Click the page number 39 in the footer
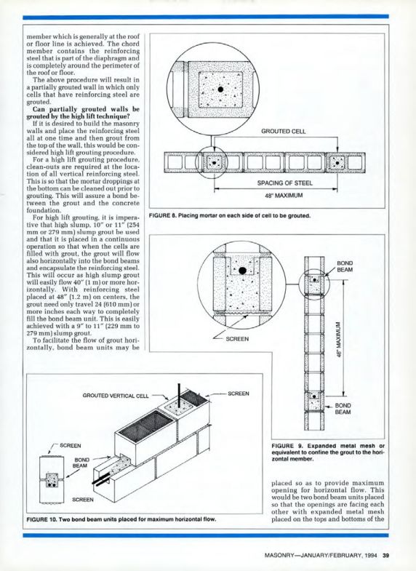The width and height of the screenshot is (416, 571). click(x=385, y=555)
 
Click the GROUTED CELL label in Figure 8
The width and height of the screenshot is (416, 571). click(x=284, y=131)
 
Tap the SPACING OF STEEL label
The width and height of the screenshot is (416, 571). click(x=284, y=183)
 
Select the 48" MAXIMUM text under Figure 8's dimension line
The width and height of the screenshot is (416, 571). click(x=284, y=196)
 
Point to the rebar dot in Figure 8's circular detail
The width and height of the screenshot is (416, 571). click(x=220, y=89)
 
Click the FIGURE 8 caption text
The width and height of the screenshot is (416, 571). click(x=230, y=215)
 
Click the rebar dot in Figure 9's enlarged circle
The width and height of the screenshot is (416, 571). click(x=242, y=271)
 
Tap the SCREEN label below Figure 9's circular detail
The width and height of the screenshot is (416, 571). click(x=237, y=339)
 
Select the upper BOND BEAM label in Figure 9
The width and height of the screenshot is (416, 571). click(x=345, y=266)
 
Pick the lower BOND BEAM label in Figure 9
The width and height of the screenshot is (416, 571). click(x=343, y=409)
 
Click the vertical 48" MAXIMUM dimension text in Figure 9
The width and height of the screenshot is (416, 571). click(x=338, y=340)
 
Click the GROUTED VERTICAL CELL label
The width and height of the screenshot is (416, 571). click(x=116, y=396)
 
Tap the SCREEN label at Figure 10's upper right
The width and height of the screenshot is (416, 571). click(x=239, y=394)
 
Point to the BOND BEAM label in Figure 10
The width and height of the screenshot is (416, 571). click(x=81, y=463)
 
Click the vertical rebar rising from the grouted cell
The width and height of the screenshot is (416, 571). click(x=179, y=396)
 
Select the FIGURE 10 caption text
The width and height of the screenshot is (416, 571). click(x=121, y=519)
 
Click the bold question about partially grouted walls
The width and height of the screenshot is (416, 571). click(x=83, y=113)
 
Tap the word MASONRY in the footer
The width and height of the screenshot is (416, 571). click(x=279, y=555)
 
